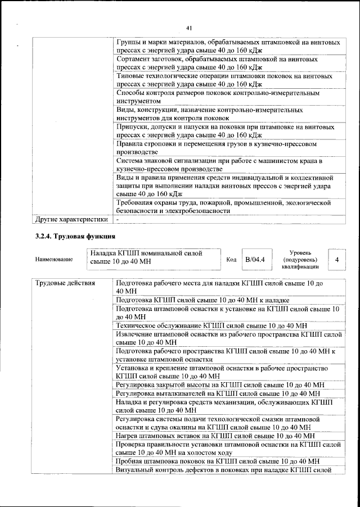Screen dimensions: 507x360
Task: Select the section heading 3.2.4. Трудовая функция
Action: (x=76, y=236)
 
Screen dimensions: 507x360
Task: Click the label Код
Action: (x=231, y=260)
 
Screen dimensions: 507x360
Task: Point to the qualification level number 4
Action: (x=336, y=260)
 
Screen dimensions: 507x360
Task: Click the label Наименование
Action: (x=54, y=260)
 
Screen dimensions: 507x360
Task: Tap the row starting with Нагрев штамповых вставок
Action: (x=214, y=435)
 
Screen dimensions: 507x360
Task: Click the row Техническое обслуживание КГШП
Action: (x=211, y=325)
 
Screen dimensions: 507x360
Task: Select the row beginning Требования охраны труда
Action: (x=223, y=206)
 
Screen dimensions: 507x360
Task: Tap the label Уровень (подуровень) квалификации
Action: (x=301, y=260)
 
